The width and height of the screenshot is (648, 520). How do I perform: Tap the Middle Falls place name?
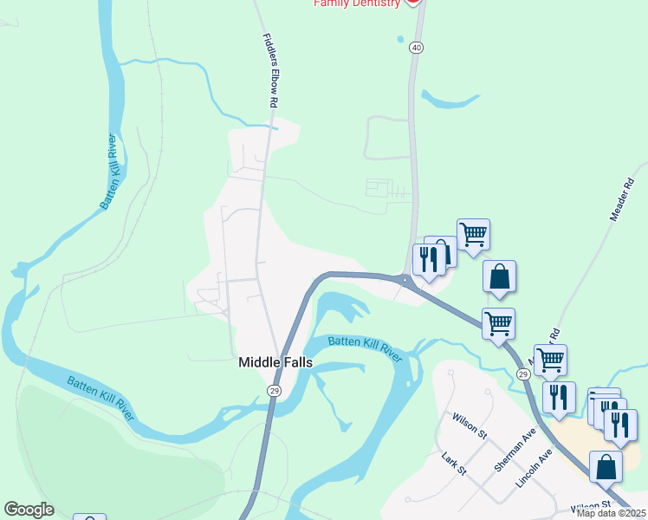pos(275,364)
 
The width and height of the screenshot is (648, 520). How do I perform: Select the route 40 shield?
pos(418,49)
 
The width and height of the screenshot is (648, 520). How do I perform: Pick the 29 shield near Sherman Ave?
pos(522,374)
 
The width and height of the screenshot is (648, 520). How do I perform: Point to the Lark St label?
pos(454,464)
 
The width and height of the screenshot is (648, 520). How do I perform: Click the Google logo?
pos(29,510)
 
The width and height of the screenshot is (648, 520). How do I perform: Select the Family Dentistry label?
pos(357,3)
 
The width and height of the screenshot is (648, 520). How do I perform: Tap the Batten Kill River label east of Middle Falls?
pos(366,348)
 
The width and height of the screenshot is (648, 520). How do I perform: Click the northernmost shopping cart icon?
pos(473,233)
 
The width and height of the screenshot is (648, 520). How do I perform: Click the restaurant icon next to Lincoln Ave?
pos(559,396)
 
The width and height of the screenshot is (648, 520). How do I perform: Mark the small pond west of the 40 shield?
pos(399,38)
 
